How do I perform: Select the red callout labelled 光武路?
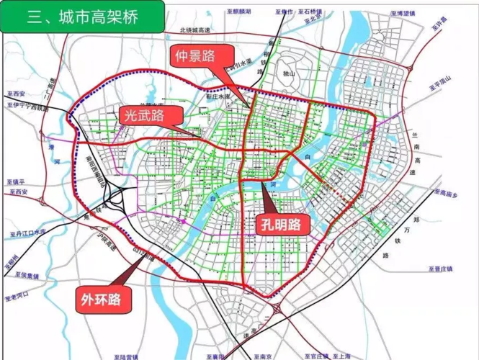pyautogui.click(x=143, y=115)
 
